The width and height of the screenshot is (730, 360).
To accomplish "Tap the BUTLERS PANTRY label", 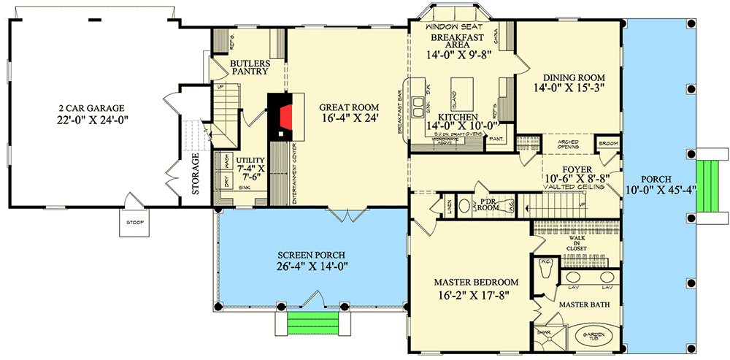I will [x=250, y=68].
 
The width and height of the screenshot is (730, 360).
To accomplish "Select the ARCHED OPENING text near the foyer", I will [x=568, y=144].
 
